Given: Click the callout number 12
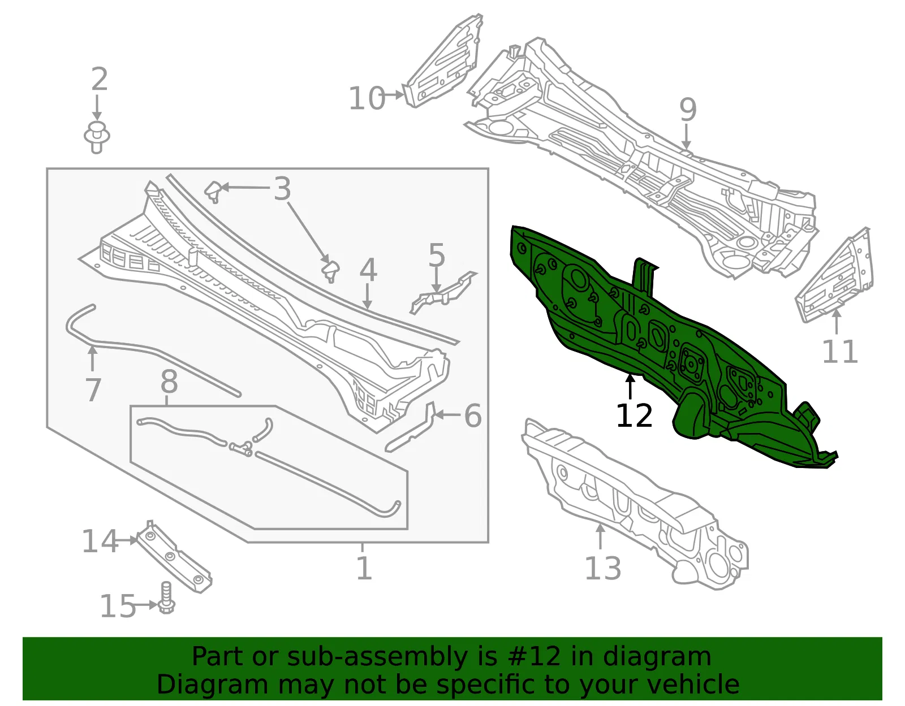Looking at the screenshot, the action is point(634,415).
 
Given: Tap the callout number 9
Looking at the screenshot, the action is point(688,110).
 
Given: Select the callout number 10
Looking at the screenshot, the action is point(367,98).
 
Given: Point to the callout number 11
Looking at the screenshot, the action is point(840,352).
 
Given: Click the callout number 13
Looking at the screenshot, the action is point(603,568).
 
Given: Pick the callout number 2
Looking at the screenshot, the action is point(100,79).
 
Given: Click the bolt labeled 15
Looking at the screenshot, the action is point(167,598).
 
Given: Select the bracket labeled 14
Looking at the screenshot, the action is point(174,556).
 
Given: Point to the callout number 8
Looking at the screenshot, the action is point(169,382).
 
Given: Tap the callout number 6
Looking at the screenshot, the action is point(473,415).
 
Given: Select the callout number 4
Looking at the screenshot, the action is point(368,269).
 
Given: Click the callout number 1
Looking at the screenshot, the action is point(364,568).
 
